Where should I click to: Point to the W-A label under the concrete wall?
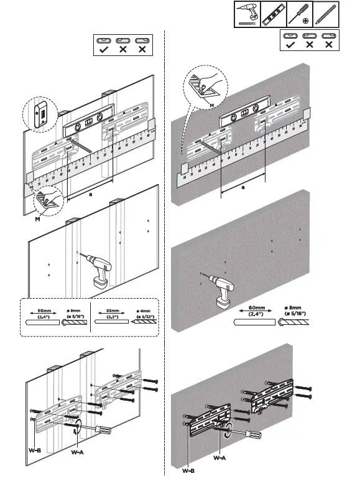pos(219,457)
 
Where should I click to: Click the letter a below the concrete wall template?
pos(243,185)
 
